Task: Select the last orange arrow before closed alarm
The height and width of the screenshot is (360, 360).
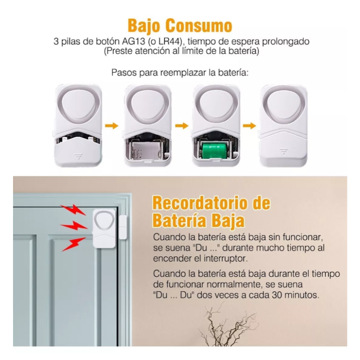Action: [x=249, y=126]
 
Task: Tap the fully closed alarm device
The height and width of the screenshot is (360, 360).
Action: [x=285, y=126]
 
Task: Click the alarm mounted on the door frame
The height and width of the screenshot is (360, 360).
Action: [x=104, y=228]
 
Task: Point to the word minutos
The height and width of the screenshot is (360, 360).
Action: [x=303, y=296]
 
